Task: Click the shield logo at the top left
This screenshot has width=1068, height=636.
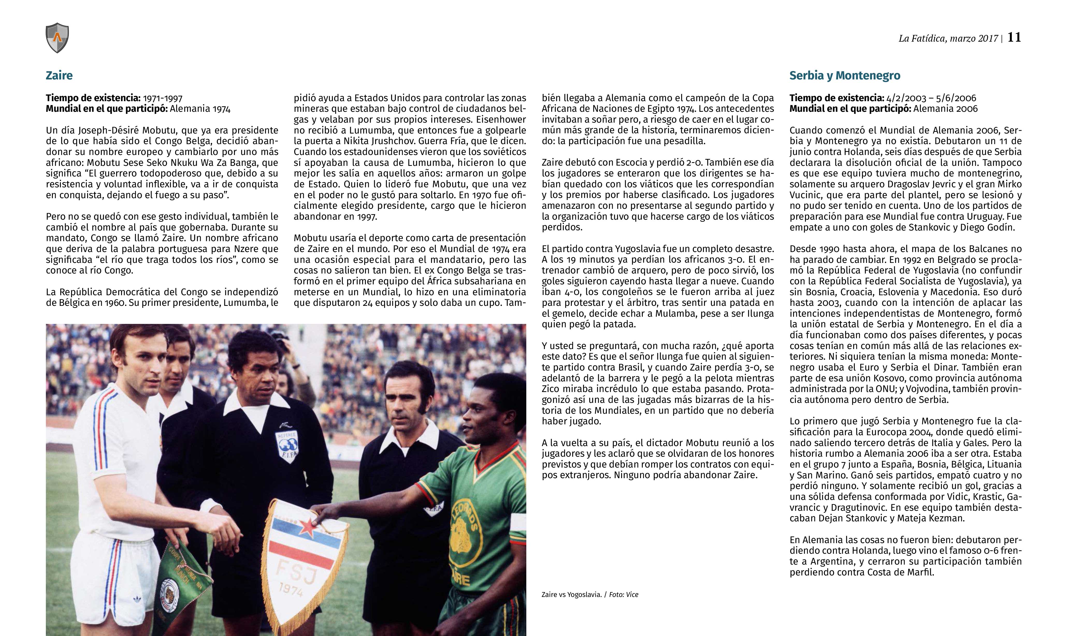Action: (x=57, y=38)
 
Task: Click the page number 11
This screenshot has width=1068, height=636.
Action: (x=1014, y=38)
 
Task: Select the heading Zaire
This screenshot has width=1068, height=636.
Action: (x=59, y=76)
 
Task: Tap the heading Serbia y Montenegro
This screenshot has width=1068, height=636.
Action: (x=845, y=76)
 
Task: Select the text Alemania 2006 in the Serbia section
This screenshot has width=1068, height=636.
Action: (x=945, y=109)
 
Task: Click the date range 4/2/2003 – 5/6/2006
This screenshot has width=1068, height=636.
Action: (x=930, y=98)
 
